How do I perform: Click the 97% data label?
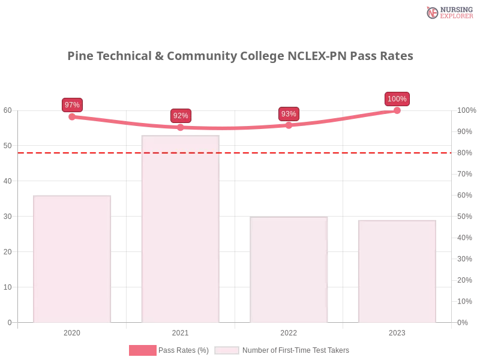tap(72, 105)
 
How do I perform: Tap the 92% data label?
tap(181, 116)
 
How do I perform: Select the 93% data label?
tap(289, 114)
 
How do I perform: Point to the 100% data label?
tap(397, 99)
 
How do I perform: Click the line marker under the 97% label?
tap(72, 117)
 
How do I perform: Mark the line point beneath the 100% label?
tap(397, 110)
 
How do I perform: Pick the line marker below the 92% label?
tap(181, 127)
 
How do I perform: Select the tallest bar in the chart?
tap(180, 230)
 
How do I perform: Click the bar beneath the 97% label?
tap(72, 259)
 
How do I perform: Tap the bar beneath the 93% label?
tap(290, 271)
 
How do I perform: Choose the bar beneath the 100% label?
tap(396, 272)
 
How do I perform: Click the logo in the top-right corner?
tap(449, 12)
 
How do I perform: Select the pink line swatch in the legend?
tap(142, 350)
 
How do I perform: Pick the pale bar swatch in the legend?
tap(227, 350)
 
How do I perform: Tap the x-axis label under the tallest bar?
tap(180, 332)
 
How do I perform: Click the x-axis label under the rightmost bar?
tap(397, 332)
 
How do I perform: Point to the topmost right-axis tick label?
tap(465, 110)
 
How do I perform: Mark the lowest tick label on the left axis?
tap(8, 322)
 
